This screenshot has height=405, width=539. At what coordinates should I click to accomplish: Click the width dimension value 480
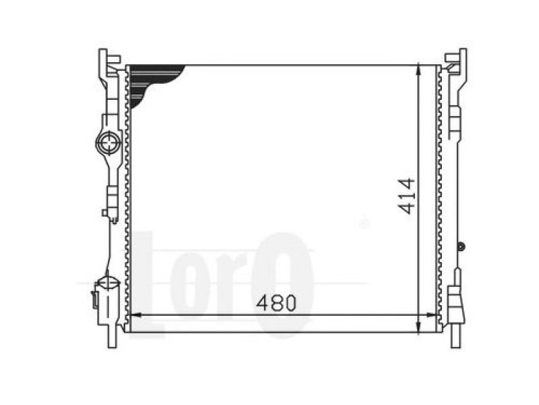tap(276, 302)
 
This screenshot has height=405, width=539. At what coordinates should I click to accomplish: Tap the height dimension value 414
tap(406, 196)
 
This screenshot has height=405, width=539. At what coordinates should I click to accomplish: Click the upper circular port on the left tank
tap(108, 143)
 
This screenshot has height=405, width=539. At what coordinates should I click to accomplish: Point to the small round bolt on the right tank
tap(462, 246)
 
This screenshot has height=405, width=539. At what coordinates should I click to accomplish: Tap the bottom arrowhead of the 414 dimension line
tap(418, 327)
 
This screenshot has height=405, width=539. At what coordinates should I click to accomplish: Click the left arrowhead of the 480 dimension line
tap(137, 315)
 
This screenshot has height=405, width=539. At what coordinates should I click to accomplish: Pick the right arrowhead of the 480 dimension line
tap(431, 315)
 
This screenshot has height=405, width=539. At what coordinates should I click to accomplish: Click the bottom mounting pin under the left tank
tap(112, 335)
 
